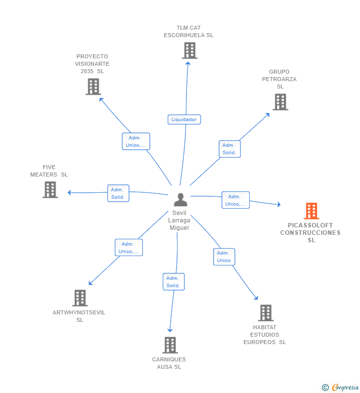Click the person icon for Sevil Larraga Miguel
[180, 200]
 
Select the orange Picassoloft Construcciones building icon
[311, 211]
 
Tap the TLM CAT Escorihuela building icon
[189, 50]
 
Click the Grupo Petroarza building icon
[280, 102]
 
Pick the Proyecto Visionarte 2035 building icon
[93, 87]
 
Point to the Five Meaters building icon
[50, 190]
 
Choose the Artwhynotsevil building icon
[80, 298]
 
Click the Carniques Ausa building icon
[170, 345]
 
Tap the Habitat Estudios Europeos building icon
[266, 313]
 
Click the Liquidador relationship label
[184, 119]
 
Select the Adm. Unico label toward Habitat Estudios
[224, 257]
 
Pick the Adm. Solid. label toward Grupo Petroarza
[229, 149]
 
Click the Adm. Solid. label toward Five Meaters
[118, 193]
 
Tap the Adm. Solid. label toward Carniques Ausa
[174, 282]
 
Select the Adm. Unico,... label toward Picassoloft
[235, 200]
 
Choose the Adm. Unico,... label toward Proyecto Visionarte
[136, 141]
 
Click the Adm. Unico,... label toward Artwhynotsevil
[129, 248]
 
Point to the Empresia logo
[341, 387]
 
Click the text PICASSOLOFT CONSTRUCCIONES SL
[311, 233]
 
